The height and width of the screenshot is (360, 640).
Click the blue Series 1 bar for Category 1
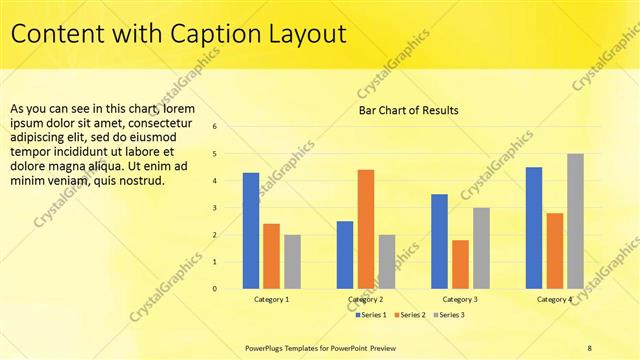click(x=251, y=231)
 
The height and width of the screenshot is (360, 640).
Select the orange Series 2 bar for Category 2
click(x=365, y=229)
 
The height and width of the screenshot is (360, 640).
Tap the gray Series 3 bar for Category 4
click(x=575, y=221)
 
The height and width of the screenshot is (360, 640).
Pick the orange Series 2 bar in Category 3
click(x=460, y=264)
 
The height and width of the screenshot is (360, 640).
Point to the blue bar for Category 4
click(x=534, y=228)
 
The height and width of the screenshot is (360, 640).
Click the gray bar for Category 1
click(x=292, y=262)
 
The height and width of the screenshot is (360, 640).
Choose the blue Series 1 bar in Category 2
click(x=345, y=255)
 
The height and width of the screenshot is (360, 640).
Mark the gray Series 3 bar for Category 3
click(x=481, y=248)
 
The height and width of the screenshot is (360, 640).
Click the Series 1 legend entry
click(x=371, y=315)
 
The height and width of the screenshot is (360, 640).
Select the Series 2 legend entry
click(x=410, y=315)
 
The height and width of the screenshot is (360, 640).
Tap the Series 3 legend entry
click(x=449, y=315)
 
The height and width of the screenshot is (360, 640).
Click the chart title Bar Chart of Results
click(x=409, y=110)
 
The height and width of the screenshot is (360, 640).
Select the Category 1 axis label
click(x=271, y=299)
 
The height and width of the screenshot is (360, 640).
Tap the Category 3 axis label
click(x=460, y=299)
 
